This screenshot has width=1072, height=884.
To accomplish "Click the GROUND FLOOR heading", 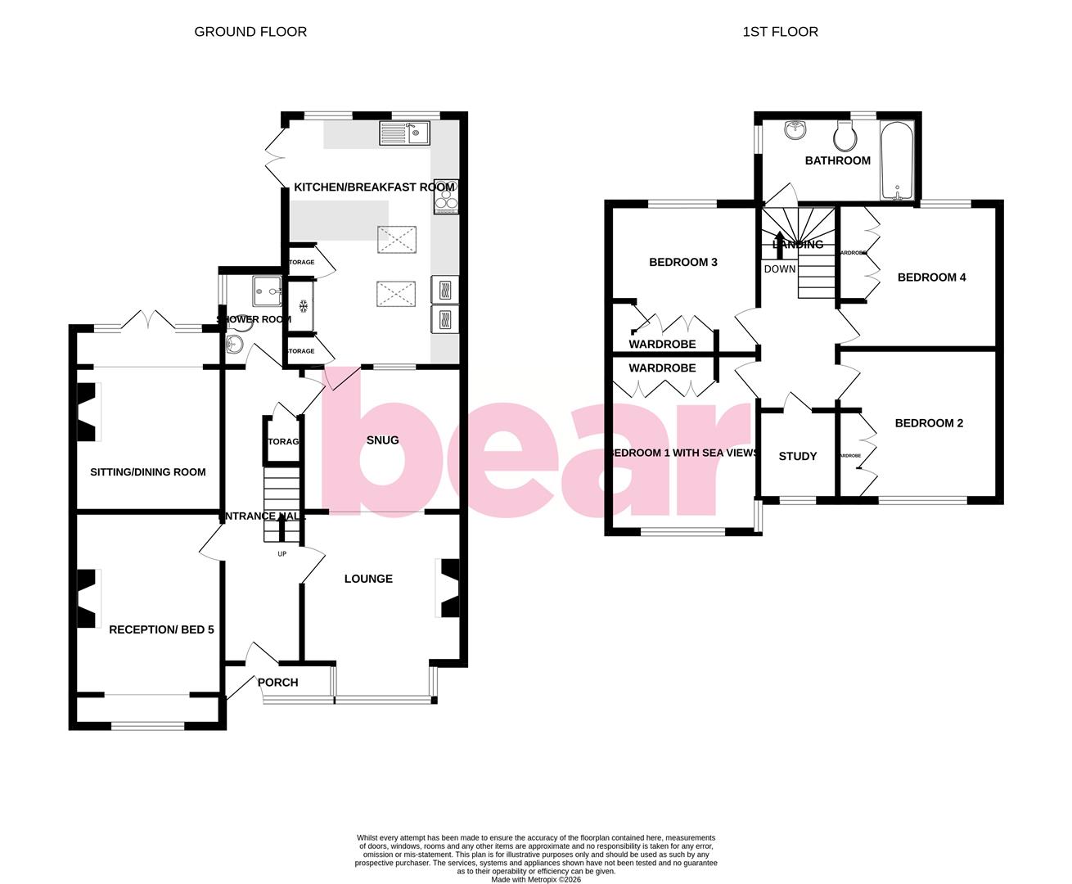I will [x=250, y=32].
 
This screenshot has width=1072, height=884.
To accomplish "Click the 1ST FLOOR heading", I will [x=780, y=32].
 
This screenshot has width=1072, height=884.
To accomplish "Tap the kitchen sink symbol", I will [x=405, y=133].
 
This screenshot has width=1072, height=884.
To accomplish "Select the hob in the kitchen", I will [x=446, y=196].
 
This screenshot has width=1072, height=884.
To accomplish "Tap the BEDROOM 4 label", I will [x=931, y=277].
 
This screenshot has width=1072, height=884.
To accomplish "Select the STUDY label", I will [x=797, y=456].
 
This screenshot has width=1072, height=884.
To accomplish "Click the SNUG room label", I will [x=382, y=440].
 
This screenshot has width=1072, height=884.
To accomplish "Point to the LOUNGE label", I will [x=368, y=579].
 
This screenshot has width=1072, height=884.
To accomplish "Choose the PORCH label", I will [x=277, y=683].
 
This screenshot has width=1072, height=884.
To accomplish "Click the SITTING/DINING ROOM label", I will [x=148, y=472].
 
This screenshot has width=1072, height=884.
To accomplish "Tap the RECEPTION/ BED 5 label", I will [x=161, y=629].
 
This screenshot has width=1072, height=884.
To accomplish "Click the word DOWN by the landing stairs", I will [x=779, y=268].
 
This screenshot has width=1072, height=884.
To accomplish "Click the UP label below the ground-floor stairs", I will [x=282, y=554].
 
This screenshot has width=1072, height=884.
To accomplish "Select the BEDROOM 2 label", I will [x=929, y=423].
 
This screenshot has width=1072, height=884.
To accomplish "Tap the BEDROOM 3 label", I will [x=683, y=263].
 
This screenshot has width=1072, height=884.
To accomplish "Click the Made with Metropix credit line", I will [x=536, y=880].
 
